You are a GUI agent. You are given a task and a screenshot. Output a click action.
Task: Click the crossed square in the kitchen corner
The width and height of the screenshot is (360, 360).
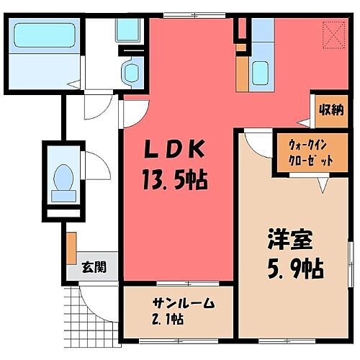click(x=333, y=33)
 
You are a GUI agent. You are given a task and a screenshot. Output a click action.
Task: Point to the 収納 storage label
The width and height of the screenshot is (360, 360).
click(x=331, y=110)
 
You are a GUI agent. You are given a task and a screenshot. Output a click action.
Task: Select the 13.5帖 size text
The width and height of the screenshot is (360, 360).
click(x=176, y=178)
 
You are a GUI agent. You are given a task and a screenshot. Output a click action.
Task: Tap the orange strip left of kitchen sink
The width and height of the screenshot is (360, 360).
click(x=242, y=73)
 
